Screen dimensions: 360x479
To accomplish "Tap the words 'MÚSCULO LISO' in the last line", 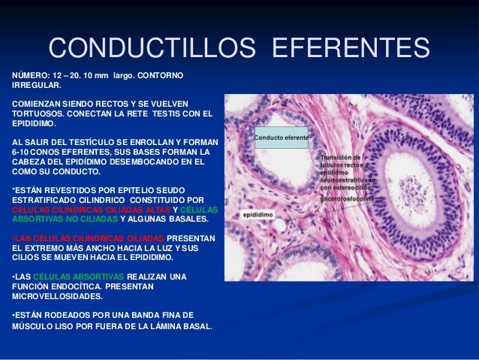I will coord(35,327).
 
